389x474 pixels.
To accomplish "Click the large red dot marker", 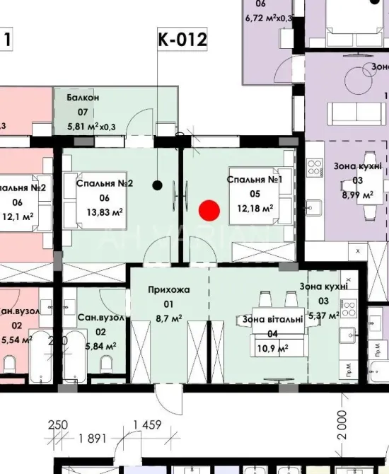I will point(209,210).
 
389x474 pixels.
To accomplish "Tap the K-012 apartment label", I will point(182,40).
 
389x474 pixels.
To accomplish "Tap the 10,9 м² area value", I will point(272,349).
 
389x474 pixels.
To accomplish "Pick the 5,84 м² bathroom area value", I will point(100,347).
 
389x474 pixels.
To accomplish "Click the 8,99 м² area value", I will point(357,194).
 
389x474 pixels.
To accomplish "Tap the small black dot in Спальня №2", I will point(157,185).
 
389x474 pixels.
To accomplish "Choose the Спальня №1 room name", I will point(255,180).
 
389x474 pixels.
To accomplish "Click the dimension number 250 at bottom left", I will point(57,425).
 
